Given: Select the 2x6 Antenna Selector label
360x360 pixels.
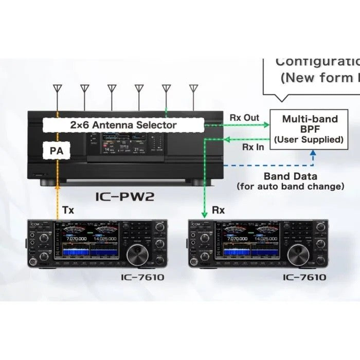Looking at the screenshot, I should click(123, 125).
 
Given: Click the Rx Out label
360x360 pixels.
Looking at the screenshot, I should click(244, 118).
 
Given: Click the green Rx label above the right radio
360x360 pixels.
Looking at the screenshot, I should click(218, 210).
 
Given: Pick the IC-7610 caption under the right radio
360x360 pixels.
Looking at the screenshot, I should click(304, 277).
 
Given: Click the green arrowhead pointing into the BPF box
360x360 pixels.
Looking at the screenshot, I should click(267, 124).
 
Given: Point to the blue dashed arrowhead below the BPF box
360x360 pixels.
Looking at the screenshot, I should click(312, 153).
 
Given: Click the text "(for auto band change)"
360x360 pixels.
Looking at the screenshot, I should click(291, 186).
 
